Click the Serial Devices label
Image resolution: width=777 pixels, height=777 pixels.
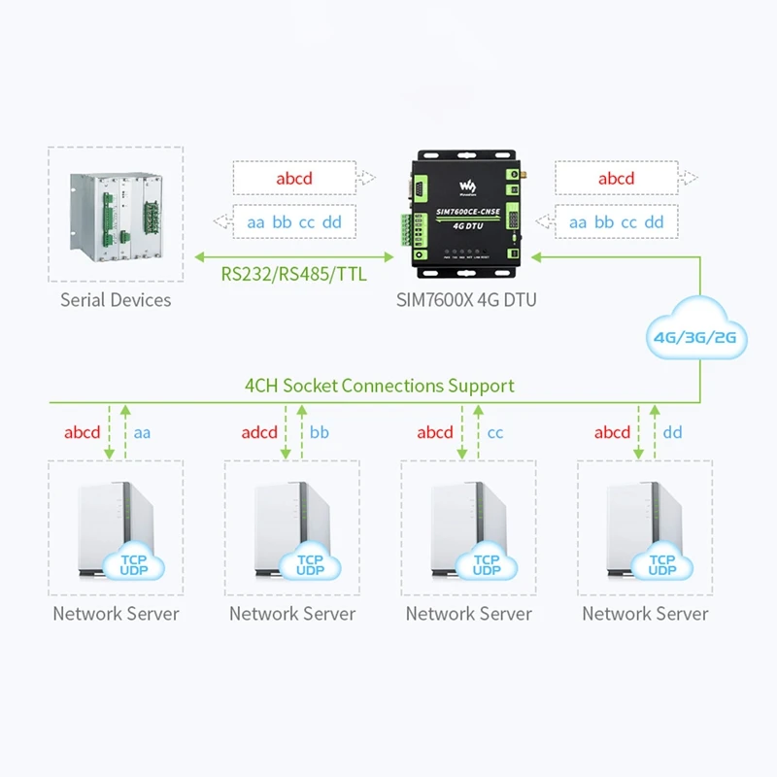116,300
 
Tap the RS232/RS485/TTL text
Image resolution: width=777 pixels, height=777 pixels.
293,274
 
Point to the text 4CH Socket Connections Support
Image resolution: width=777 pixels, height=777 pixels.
379,386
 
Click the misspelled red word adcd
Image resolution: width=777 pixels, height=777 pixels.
259,432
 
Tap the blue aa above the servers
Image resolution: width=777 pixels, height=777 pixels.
143,432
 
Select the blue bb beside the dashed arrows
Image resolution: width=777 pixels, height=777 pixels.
320,432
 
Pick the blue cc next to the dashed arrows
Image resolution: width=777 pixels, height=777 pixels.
496,432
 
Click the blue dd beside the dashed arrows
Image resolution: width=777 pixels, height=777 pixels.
672,432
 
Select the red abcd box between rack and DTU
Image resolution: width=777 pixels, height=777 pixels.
294,179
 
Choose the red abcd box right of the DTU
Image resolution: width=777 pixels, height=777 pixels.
616,179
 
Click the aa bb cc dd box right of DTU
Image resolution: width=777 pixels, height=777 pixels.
616,222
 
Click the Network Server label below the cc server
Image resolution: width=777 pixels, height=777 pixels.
469,614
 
